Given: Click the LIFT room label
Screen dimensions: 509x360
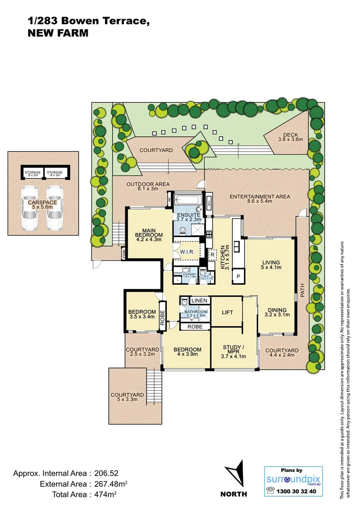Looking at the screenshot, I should coord(227,312).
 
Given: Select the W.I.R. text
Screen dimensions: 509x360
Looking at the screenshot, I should coord(187,252).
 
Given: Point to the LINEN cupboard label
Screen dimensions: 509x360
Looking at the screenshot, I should coord(199,301).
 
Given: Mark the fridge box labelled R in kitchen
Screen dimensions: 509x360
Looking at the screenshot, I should coord(213,254).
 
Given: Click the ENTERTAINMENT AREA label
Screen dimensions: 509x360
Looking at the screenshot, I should coord(259,197).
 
